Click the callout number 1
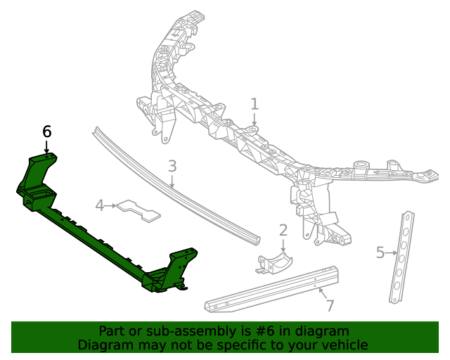(x=255, y=104)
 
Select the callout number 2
(x=283, y=230)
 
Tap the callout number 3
(x=172, y=166)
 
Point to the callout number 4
(x=100, y=205)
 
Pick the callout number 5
(x=380, y=252)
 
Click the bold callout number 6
(x=47, y=131)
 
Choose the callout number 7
(x=329, y=305)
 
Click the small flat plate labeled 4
(x=139, y=209)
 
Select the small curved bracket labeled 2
(x=274, y=263)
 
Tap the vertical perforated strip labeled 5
(x=401, y=257)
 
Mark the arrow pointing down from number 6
(x=47, y=147)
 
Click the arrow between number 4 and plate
(x=111, y=205)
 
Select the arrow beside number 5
(x=392, y=252)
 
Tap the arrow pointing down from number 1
(x=255, y=120)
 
